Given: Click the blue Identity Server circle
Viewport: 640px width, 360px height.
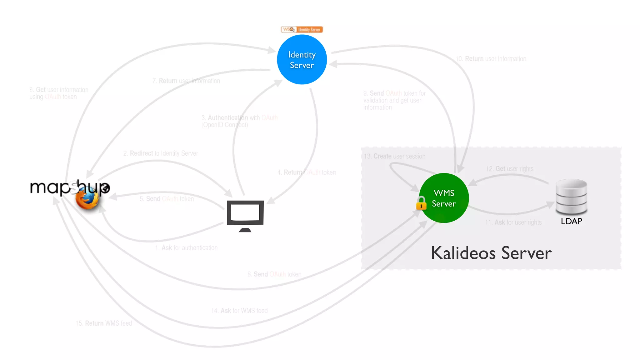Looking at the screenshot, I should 302,59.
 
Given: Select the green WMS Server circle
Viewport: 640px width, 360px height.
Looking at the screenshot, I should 444,198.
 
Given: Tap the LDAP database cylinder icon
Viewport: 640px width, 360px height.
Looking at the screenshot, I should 571,197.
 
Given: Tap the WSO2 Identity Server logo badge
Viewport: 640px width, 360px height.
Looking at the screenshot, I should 302,29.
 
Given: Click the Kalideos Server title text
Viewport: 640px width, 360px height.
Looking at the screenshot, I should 491,253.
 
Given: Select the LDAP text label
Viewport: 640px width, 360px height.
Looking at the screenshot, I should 571,221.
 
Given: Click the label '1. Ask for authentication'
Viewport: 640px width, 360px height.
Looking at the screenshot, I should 186,248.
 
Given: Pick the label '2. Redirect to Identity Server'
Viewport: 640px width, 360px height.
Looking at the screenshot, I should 161,153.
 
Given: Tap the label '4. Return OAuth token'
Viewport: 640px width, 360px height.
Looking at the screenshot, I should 307,172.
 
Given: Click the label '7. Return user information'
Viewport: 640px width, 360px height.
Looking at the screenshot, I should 186,81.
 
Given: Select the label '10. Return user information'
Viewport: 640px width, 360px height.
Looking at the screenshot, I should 491,59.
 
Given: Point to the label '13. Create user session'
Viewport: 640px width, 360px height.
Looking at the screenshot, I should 395,156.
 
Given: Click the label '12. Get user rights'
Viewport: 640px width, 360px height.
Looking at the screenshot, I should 510,169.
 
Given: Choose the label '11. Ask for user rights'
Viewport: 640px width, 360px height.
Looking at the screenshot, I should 513,222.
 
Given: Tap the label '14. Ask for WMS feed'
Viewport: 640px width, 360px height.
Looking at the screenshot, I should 239,311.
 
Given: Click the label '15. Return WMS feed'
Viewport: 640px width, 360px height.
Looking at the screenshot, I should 104,323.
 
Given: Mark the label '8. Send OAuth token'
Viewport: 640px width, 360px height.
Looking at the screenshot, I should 274,274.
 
